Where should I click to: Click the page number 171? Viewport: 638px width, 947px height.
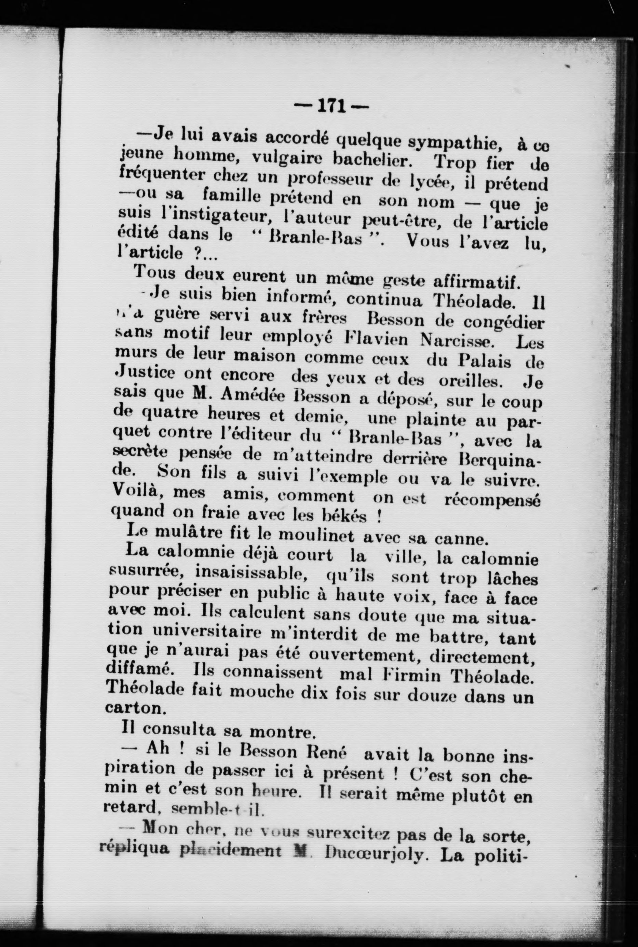pos(331,107)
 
